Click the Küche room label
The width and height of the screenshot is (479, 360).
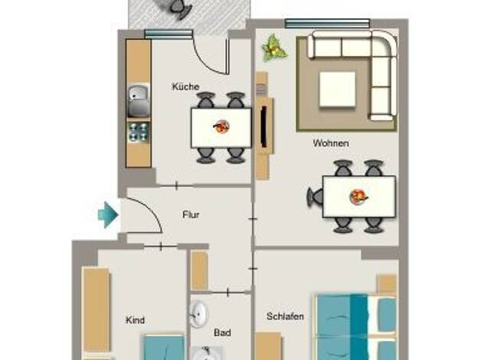coord(186,87)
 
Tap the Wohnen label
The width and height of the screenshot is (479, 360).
coord(331,142)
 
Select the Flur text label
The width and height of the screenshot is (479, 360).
coord(191,214)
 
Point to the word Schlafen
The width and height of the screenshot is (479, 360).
coord(285,316)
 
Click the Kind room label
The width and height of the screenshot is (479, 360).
coord(135,320)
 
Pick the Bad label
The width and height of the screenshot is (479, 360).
coord(223,332)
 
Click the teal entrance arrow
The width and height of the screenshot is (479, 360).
coord(109,214)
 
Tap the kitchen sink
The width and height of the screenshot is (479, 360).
coord(138,100)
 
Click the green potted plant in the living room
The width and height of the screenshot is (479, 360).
coord(274,48)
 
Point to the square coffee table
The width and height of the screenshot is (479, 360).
coord(337,90)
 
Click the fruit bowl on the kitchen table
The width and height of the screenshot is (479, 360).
coord(221,126)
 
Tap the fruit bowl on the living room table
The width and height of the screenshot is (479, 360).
coord(359,197)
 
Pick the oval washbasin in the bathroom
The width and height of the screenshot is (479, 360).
coord(198,313)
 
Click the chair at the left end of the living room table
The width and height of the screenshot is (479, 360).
coord(315,198)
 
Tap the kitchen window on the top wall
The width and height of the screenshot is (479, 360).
coord(168,34)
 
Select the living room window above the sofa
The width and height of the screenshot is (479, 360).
coord(327,24)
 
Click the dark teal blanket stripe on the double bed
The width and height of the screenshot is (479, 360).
coord(359,326)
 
